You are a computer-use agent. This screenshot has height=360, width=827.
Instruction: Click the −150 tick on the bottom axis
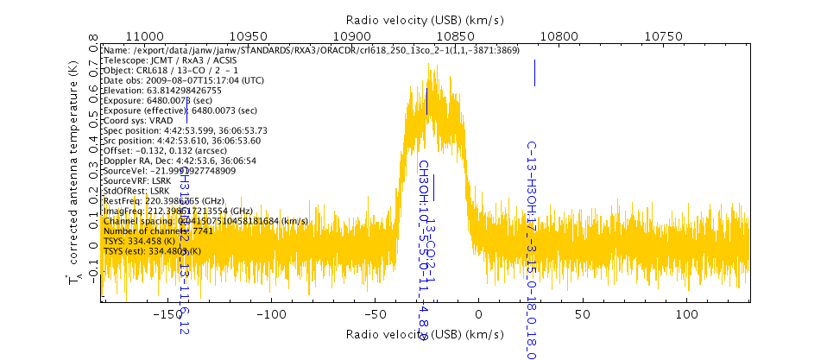166,315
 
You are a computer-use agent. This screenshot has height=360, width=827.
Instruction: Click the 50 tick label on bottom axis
583,315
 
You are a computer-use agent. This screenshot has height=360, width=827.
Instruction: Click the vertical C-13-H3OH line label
532,250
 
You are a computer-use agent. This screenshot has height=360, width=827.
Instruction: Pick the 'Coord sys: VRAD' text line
137,120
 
